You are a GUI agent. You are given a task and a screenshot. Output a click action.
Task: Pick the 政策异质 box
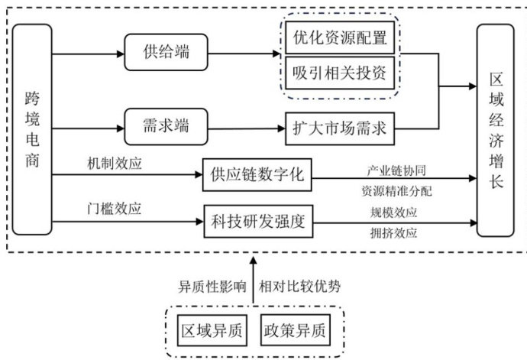tap(293, 332)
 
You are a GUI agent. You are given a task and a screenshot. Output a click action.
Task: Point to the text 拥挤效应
tap(394, 234)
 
